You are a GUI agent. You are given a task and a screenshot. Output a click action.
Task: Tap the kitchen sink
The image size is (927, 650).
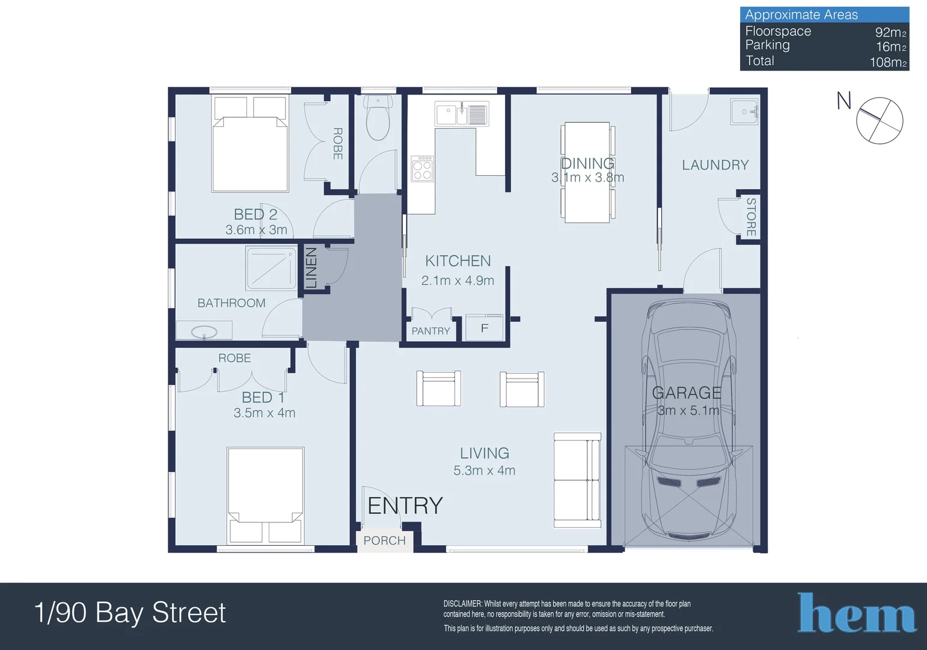tap(462, 114)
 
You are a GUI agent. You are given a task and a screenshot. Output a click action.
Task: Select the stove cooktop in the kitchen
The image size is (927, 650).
tap(422, 169)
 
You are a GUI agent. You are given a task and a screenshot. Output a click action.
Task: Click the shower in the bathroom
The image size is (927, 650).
tap(271, 268)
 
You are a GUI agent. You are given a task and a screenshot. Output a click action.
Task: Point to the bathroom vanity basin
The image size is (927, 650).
tap(204, 332)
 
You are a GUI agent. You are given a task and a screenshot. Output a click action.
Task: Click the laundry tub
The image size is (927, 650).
tap(744, 112)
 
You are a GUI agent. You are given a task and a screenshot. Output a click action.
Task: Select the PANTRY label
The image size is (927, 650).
tap(430, 331)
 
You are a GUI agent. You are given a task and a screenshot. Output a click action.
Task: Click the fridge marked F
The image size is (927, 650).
tap(485, 328)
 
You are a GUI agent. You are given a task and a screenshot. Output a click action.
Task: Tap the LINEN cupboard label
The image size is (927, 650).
tap(311, 268)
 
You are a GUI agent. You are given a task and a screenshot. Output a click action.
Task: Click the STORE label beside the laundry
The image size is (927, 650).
tap(751, 217)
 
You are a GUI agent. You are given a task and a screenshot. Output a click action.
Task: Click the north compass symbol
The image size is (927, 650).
tap(879, 120)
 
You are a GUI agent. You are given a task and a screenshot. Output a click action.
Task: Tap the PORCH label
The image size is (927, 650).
tap(385, 540)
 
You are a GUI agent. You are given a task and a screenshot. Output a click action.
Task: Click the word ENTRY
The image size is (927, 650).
tap(405, 506)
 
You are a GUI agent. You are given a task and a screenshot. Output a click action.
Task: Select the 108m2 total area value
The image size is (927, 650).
tap(888, 62)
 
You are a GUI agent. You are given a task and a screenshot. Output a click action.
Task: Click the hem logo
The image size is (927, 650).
tap(857, 613)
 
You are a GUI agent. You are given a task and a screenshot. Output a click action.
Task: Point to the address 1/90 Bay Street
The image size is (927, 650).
tap(130, 613)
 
